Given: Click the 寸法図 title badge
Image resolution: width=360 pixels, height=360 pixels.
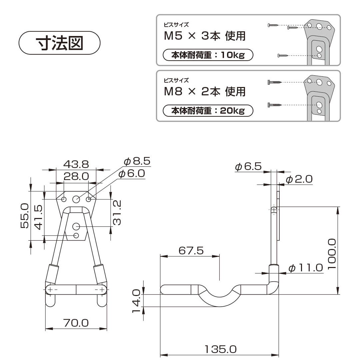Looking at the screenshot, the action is coord(59,43).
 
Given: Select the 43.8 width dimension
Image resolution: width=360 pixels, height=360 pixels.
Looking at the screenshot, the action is coord(76,164).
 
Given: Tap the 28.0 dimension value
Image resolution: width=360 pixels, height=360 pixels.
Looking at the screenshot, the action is coord(76,176).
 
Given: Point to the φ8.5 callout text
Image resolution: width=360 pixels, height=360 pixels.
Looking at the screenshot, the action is coord(137,161).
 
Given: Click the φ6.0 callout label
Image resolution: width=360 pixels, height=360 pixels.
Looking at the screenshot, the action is coord(132,174).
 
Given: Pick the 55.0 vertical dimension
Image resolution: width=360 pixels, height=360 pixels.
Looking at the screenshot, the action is coord(25,216).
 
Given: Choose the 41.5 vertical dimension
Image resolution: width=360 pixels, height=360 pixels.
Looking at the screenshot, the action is coord(38,217).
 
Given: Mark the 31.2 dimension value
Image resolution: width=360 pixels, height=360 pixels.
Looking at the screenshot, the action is coord(117,213).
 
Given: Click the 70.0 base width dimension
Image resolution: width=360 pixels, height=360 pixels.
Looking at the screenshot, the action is coord(76,323).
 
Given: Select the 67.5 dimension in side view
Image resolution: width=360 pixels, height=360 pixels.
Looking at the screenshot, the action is coord(191,250).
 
